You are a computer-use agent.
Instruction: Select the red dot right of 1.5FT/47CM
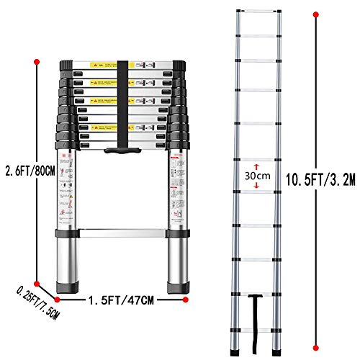(186, 297)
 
